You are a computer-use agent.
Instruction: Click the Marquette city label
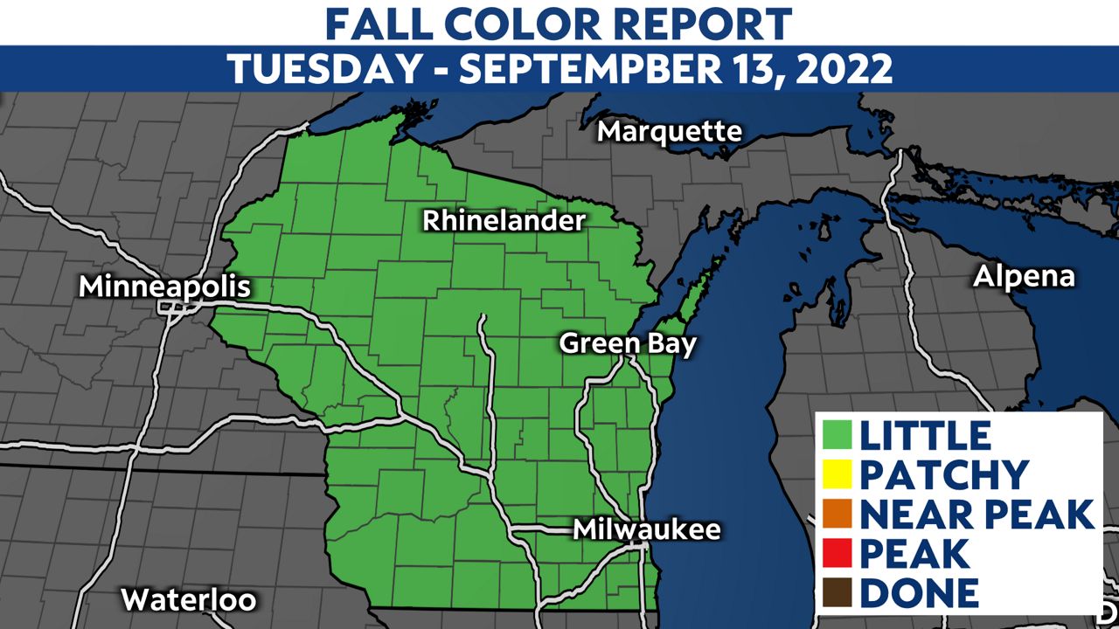click(x=670, y=132)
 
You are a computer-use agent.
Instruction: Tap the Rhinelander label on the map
click(x=504, y=221)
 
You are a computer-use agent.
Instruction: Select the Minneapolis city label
click(x=164, y=287)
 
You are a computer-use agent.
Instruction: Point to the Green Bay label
click(x=628, y=343)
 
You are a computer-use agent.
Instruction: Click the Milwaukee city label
click(x=647, y=529)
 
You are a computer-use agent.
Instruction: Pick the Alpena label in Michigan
click(x=1024, y=277)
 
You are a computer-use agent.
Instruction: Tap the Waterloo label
click(x=189, y=600)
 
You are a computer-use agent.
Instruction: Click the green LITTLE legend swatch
click(x=838, y=435)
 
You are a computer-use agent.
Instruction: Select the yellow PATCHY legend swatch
click(x=838, y=475)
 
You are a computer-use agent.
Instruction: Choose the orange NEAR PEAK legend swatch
click(x=838, y=515)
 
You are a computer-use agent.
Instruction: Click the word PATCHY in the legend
click(x=944, y=475)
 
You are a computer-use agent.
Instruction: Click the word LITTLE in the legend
click(x=926, y=435)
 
